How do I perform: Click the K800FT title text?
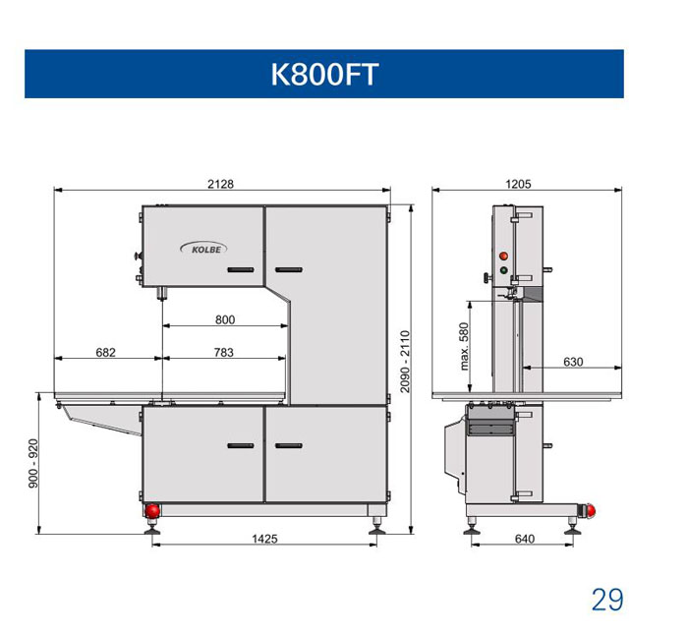[324, 74]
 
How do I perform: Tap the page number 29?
[607, 600]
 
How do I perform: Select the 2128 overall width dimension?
[220, 184]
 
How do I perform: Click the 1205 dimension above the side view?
[518, 184]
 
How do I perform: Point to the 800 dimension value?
[225, 319]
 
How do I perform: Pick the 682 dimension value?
[105, 352]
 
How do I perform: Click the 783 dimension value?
[224, 352]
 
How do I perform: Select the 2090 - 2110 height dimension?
[405, 362]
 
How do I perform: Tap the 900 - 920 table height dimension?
[33, 463]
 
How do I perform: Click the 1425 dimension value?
[264, 539]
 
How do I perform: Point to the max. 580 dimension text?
[464, 347]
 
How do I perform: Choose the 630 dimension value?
[573, 362]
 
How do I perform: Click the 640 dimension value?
[525, 539]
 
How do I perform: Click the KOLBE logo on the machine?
[203, 249]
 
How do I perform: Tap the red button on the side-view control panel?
[503, 256]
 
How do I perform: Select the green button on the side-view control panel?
[503, 270]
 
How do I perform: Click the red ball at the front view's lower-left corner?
[152, 510]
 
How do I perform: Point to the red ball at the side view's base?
[591, 510]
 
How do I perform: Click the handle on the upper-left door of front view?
[241, 269]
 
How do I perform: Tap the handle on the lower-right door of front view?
[289, 445]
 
